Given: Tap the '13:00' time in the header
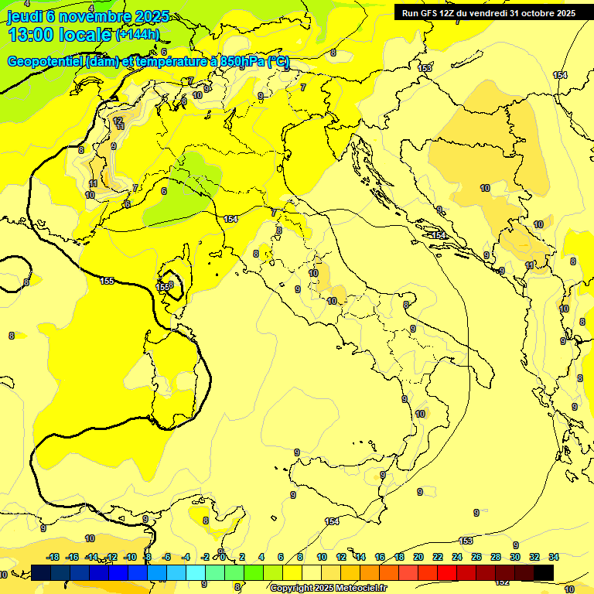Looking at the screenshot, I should click(x=29, y=35).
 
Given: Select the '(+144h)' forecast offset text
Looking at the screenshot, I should click(x=137, y=35).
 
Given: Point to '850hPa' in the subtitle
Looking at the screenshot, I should click(x=242, y=62).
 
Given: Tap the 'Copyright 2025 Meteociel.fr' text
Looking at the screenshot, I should click(x=328, y=589).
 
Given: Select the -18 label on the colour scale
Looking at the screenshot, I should click(x=53, y=557).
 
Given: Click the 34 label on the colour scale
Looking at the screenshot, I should click(x=554, y=557).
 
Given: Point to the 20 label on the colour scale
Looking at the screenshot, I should click(x=418, y=557).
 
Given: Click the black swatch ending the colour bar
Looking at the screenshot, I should click(x=544, y=572).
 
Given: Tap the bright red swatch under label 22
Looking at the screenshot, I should click(x=446, y=572).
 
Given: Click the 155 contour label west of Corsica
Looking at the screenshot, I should click(x=107, y=281).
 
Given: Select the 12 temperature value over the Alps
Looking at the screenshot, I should click(x=118, y=121).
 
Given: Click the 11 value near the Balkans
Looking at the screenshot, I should click(x=530, y=265).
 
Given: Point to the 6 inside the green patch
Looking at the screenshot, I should click(x=164, y=191).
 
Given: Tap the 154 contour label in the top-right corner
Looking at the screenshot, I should click(x=560, y=75).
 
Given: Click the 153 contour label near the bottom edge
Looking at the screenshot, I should click(x=466, y=540).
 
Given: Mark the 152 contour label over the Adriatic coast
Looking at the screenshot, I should click(x=439, y=235).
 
